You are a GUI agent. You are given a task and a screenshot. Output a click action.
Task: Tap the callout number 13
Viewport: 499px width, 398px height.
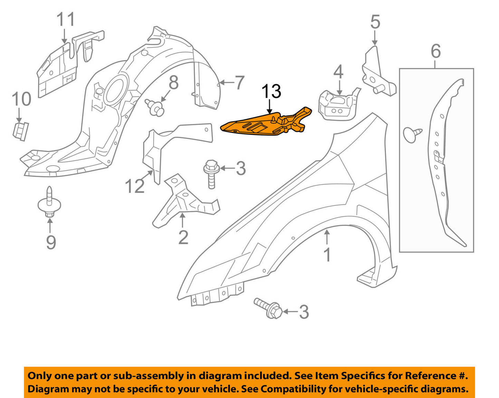(271, 92)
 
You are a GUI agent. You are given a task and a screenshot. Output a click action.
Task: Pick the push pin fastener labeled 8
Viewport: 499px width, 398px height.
(155, 107)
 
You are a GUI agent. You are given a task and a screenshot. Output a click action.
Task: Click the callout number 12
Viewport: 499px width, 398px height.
(134, 186)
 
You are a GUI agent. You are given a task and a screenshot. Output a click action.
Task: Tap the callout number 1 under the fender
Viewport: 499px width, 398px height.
(327, 255)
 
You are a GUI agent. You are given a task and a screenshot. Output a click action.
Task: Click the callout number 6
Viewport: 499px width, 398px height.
(436, 51)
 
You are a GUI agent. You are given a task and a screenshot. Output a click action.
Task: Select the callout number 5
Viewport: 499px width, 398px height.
(375, 22)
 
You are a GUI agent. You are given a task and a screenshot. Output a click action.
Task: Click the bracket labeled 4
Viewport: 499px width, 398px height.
(335, 105)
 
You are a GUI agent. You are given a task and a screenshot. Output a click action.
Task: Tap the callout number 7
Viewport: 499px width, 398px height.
(239, 83)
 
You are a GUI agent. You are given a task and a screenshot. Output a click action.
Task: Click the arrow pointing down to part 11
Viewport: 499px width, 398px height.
(65, 36)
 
